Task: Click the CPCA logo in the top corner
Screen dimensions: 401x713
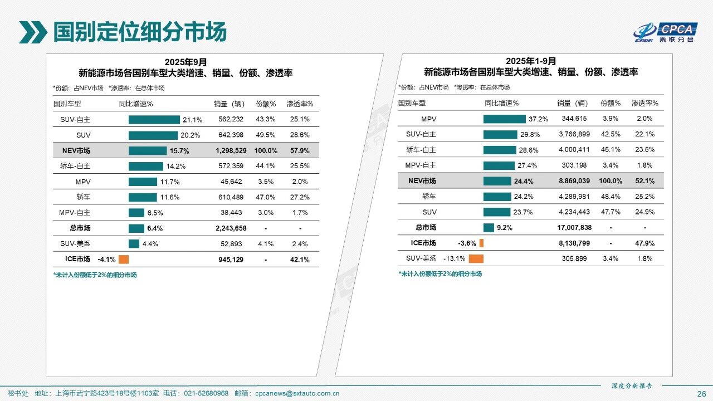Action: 663,32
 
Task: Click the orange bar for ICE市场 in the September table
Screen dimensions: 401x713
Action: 124,259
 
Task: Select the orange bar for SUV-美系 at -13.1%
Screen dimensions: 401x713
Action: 476,258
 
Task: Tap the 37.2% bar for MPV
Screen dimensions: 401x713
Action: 504,119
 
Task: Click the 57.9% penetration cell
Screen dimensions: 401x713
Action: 300,150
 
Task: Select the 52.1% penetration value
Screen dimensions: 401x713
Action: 644,181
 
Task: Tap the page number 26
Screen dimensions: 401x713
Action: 701,394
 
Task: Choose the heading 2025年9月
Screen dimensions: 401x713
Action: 185,62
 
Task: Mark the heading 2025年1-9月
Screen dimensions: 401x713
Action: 531,61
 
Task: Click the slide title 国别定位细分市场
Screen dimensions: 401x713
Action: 140,32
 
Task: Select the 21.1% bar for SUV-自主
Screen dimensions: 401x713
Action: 154,119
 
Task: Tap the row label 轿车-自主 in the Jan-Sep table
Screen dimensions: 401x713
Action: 421,150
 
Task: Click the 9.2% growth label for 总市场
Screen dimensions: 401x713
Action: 505,227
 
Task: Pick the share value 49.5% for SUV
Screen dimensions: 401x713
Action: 265,135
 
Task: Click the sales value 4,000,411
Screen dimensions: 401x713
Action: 573,150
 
